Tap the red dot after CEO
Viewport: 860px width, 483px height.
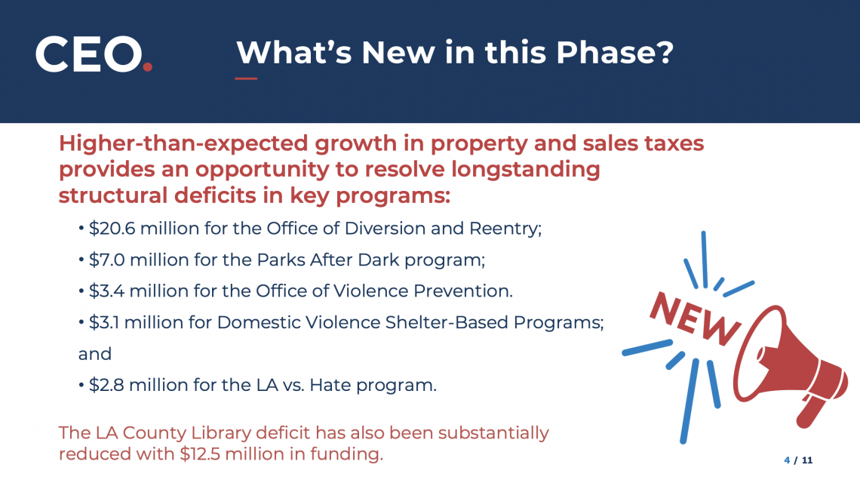148,67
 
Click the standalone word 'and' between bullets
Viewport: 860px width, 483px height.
94,354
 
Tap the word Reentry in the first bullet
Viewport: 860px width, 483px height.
511,229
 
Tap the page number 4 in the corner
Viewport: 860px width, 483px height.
786,460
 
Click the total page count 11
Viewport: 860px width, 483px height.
806,460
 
